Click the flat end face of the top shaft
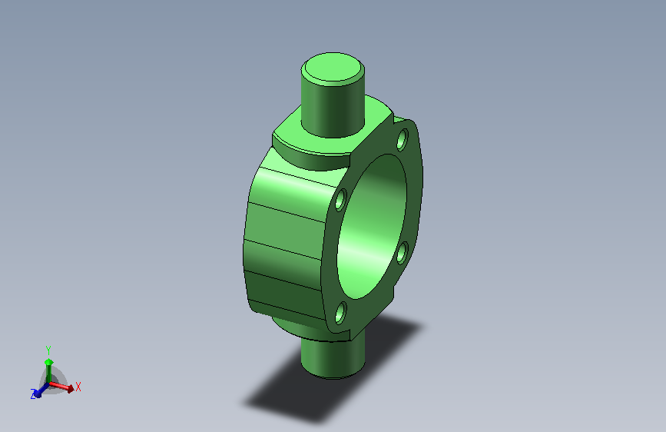pyautogui.click(x=333, y=68)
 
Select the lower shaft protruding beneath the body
pyautogui.click(x=333, y=357)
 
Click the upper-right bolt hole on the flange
pyautogui.click(x=402, y=139)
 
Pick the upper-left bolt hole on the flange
pyautogui.click(x=340, y=200)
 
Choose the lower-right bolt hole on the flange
pyautogui.click(x=402, y=253)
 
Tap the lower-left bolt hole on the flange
pyautogui.click(x=340, y=313)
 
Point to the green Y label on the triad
pyautogui.click(x=48, y=351)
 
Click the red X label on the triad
pyautogui.click(x=78, y=387)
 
